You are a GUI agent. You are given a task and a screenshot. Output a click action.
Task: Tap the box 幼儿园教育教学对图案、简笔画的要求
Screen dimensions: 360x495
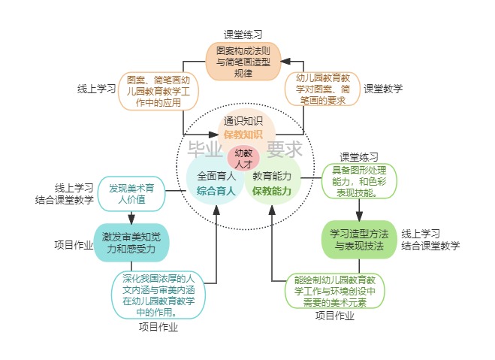tap(323, 89)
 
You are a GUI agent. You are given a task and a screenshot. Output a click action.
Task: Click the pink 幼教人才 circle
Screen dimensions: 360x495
tap(243, 158)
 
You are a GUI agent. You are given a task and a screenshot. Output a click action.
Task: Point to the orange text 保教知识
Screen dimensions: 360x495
tap(243, 135)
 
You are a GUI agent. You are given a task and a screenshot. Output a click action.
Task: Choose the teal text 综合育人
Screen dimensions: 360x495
tap(216, 191)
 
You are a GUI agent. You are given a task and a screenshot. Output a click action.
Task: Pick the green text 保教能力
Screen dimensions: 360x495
tap(272, 191)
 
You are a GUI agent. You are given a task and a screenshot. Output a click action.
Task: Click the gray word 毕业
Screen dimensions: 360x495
tap(204, 148)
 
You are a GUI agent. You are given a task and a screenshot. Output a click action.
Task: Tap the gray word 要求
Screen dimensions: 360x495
tap(285, 148)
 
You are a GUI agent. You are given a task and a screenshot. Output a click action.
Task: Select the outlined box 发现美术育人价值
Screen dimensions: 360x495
tap(131, 194)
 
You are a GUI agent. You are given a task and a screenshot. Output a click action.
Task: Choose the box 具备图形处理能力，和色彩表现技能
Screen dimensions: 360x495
tap(359, 181)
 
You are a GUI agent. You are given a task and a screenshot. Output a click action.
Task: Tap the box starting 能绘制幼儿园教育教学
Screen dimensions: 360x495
tap(335, 292)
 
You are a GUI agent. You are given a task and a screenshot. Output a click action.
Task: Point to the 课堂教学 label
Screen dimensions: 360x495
tap(383, 89)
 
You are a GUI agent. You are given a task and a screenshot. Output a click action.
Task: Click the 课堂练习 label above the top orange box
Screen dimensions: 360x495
tap(243, 35)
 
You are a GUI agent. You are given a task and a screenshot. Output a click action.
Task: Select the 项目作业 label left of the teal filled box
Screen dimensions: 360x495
tap(74, 245)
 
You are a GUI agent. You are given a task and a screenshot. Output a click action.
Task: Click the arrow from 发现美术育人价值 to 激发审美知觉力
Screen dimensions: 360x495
tap(131, 216)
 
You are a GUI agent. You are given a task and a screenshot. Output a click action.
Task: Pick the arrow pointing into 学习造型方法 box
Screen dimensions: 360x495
tap(359, 210)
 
